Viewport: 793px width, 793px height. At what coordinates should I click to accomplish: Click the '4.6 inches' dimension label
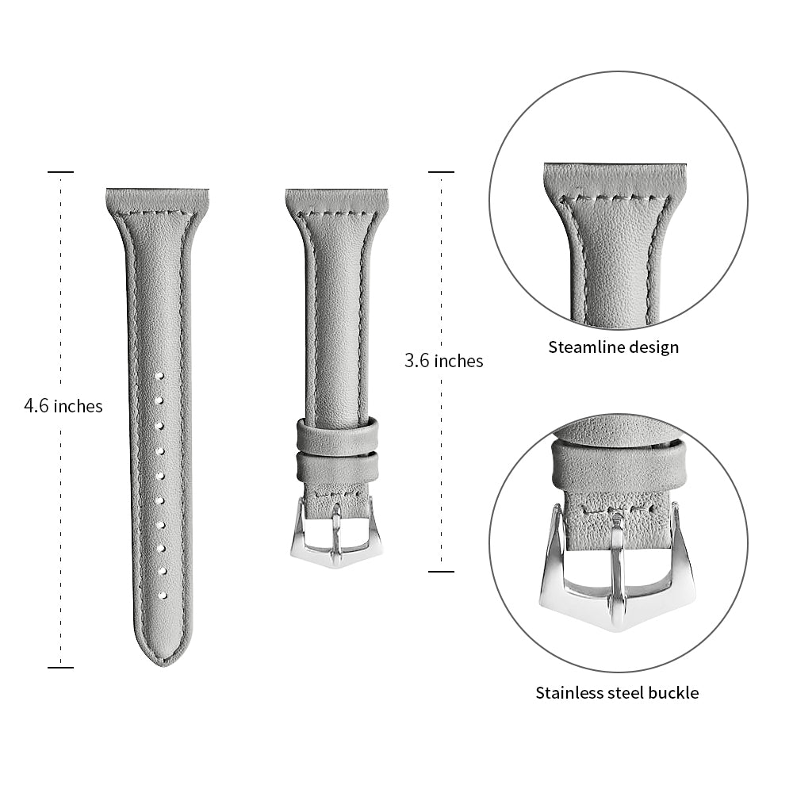click(x=63, y=406)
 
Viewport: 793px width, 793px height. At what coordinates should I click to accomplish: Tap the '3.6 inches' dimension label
click(x=443, y=361)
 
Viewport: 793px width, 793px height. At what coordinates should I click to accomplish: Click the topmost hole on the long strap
click(x=159, y=376)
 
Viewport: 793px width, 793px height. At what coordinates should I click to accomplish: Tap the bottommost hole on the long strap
click(x=163, y=596)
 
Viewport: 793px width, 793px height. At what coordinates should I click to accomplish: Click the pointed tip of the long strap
click(x=166, y=664)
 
